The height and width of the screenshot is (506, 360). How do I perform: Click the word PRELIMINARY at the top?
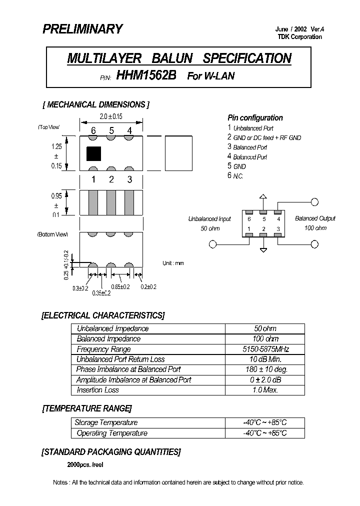[x=82, y=29]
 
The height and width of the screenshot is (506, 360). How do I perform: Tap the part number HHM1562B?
[x=146, y=75]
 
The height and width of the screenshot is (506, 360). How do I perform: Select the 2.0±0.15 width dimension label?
[x=111, y=116]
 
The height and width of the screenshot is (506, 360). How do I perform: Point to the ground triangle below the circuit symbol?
[x=263, y=248]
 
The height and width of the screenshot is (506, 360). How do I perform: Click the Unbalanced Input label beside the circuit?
[x=209, y=218]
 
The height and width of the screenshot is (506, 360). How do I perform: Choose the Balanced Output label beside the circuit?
[x=315, y=218]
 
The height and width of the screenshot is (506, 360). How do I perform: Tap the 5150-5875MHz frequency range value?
[x=265, y=349]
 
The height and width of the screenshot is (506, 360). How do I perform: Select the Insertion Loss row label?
[x=98, y=390]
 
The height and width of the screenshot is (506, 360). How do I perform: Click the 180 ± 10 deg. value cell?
[x=265, y=369]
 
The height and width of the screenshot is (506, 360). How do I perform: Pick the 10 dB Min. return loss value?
[x=265, y=359]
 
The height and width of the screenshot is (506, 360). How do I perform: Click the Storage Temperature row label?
[x=106, y=422]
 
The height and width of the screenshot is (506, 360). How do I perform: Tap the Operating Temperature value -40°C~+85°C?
[x=265, y=433]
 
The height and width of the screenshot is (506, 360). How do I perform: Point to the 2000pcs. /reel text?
[x=85, y=464]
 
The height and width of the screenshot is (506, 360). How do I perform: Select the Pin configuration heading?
[x=255, y=118]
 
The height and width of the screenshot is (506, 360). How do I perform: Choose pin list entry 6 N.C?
[x=235, y=176]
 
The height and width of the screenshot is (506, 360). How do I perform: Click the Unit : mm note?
[x=173, y=263]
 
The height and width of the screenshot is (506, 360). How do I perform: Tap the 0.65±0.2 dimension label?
[x=120, y=287]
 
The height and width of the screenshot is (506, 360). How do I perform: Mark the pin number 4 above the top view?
[x=129, y=131]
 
